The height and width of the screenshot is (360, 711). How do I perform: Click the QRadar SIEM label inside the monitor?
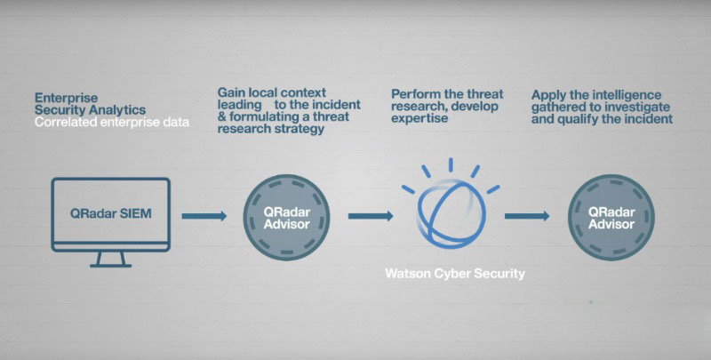pyautogui.click(x=110, y=213)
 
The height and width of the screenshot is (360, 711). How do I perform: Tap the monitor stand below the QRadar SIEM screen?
pyautogui.click(x=110, y=260)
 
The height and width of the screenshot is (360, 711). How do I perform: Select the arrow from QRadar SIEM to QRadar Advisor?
pyautogui.click(x=204, y=216)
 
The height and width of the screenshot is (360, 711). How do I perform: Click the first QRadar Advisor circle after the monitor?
pyautogui.click(x=286, y=218)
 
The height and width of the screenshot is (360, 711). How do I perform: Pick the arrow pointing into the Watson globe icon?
pyautogui.click(x=371, y=216)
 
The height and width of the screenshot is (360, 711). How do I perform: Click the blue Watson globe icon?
pyautogui.click(x=451, y=213)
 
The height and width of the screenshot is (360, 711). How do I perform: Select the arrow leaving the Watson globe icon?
pyautogui.click(x=527, y=216)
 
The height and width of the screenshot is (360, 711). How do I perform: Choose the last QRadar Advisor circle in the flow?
pyautogui.click(x=611, y=218)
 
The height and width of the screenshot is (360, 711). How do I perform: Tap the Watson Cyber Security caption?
pyautogui.click(x=455, y=274)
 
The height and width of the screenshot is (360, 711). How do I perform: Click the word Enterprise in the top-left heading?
pyautogui.click(x=66, y=99)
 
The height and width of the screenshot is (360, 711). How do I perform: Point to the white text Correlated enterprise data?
pyautogui.click(x=112, y=123)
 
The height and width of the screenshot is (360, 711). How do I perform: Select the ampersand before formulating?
pyautogui.click(x=221, y=117)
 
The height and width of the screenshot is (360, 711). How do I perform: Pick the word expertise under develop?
pyautogui.click(x=419, y=119)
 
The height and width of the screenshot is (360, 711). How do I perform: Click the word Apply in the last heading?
pyautogui.click(x=547, y=96)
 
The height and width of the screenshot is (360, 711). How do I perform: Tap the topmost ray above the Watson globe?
pyautogui.click(x=451, y=165)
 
